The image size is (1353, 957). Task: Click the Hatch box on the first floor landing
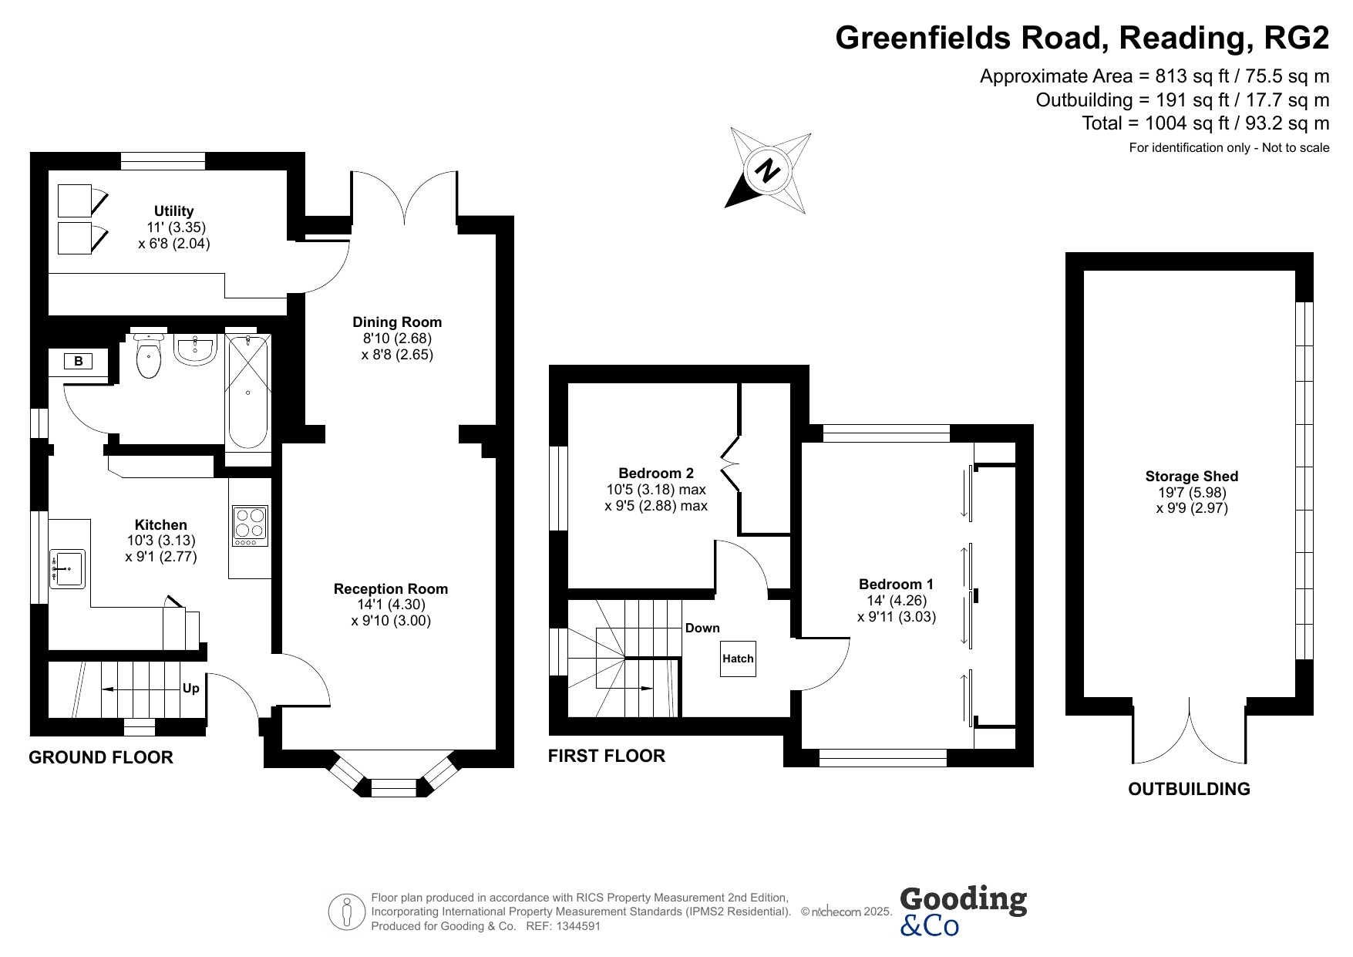coord(738,659)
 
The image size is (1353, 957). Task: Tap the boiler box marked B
coord(78,361)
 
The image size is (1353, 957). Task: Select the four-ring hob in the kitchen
coord(250,526)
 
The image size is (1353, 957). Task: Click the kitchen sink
coord(67,569)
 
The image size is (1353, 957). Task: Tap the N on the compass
coord(767,170)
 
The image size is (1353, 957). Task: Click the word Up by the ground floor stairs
coord(190,688)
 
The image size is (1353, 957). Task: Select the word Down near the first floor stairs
coord(702,628)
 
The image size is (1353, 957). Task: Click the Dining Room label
coord(397,322)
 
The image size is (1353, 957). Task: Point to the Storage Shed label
coord(1192,477)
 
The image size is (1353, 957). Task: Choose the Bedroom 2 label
coord(656,473)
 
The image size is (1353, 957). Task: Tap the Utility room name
coord(174,211)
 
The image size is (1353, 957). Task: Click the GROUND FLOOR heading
coord(101,757)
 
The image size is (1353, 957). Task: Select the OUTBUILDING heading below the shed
coord(1189,789)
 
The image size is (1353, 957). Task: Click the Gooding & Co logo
coord(963,911)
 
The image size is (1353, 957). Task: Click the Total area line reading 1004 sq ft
coord(1206,123)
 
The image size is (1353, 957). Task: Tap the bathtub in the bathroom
coord(247,392)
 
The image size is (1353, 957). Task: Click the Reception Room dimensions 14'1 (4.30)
coord(390,605)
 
